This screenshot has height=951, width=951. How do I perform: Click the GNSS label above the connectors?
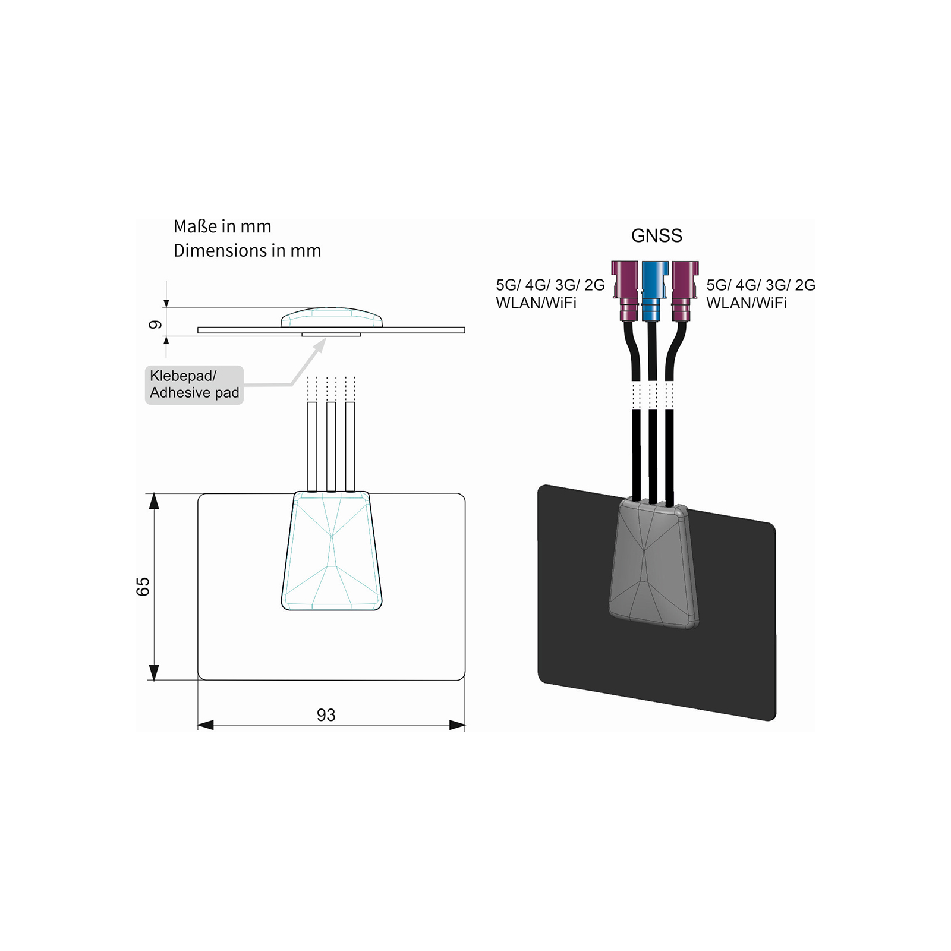click(x=656, y=236)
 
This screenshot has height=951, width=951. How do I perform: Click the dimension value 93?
click(x=326, y=715)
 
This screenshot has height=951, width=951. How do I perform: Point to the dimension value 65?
click(x=143, y=586)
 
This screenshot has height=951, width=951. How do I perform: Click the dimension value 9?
click(x=155, y=325)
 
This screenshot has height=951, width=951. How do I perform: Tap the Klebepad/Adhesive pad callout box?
click(x=194, y=385)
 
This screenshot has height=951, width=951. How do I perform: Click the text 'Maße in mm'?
click(x=222, y=226)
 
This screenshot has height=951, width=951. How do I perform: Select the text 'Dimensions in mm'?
click(x=247, y=251)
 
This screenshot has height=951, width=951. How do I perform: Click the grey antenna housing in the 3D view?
click(x=653, y=565)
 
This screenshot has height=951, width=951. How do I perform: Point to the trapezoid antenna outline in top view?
click(x=332, y=550)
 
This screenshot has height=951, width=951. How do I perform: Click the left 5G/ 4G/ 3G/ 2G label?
click(x=550, y=285)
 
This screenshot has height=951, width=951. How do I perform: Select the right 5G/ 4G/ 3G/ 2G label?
click(x=760, y=285)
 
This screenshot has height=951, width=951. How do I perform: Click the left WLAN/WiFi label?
click(x=536, y=303)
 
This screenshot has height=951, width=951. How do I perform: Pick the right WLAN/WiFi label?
click(x=747, y=303)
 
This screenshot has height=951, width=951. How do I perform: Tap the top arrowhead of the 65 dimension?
click(x=154, y=501)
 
